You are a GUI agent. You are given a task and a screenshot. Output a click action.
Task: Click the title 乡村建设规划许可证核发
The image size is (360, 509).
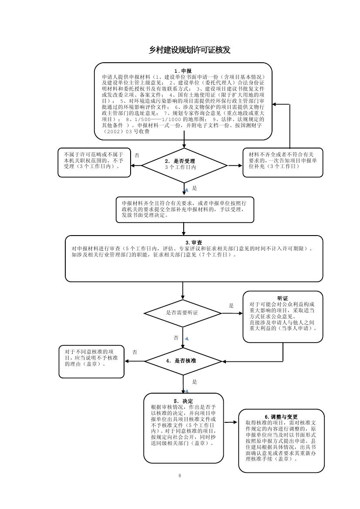pos(189,51)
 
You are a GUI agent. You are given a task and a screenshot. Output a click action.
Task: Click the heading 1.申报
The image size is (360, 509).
pos(183,71)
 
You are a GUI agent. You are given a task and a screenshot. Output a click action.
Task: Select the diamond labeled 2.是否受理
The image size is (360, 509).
pos(184,165)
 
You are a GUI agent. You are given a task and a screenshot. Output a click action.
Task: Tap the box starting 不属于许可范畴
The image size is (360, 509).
pos(94,162)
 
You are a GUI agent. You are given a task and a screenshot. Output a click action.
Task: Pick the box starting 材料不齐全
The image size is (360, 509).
pos(283,162)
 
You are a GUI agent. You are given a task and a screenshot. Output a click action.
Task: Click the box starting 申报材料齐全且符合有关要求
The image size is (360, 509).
pos(185,209)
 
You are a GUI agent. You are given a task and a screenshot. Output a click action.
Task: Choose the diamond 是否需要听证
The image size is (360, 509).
pos(183,313)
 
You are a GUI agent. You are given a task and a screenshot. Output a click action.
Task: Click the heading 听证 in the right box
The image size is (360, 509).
pos(283,298)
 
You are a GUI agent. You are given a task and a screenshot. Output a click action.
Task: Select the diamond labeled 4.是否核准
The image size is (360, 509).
pos(183,361)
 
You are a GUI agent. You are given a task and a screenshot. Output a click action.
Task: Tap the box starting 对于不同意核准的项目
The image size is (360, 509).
pos(91,361)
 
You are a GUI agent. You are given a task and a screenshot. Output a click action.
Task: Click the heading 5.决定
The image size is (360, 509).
pos(183,401)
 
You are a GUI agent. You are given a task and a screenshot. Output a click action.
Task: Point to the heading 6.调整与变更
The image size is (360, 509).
pos(281,417)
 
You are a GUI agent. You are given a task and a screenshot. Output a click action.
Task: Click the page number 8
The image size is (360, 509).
pos(180,475)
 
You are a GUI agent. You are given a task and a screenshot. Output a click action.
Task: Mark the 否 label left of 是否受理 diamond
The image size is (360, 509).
pos(137,155)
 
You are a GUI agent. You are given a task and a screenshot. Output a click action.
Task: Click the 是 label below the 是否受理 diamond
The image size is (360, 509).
pos(195,188)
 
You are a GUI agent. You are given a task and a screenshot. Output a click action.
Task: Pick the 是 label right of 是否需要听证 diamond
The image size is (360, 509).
pos(231,306)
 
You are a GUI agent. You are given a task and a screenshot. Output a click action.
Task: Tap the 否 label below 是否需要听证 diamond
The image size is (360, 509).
pos(176,337)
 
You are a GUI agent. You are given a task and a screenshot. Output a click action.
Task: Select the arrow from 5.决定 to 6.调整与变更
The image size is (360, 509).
pos(231,422)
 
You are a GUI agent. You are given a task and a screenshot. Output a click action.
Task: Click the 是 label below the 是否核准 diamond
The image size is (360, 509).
pos(195,382)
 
